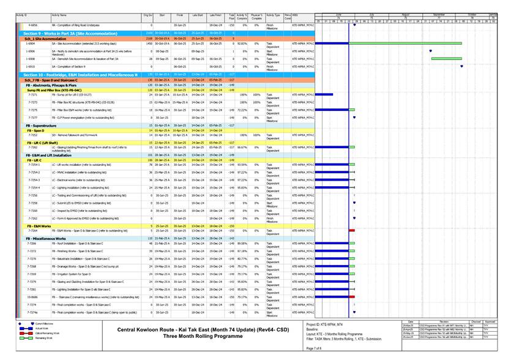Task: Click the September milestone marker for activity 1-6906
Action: pos(431,51)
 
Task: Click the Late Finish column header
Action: pos(215,13)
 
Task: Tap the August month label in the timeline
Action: pos(405,13)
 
